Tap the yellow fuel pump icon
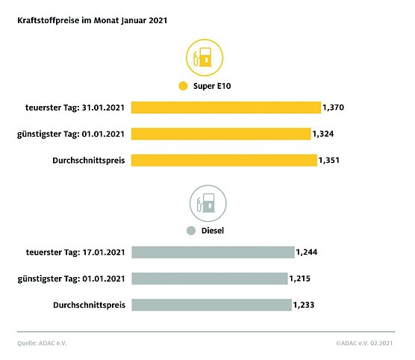[x=203, y=58]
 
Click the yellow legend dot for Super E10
[x=183, y=87]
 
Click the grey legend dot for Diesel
[x=191, y=231]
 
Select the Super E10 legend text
[x=211, y=87]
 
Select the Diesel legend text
[x=213, y=231]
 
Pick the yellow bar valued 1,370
[x=225, y=108]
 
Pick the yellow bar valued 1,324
[x=220, y=134]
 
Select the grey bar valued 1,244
[x=213, y=252]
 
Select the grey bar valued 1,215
[x=209, y=279]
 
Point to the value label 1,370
[x=333, y=108]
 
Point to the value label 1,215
[x=300, y=279]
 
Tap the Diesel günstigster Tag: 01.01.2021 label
[x=70, y=279]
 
